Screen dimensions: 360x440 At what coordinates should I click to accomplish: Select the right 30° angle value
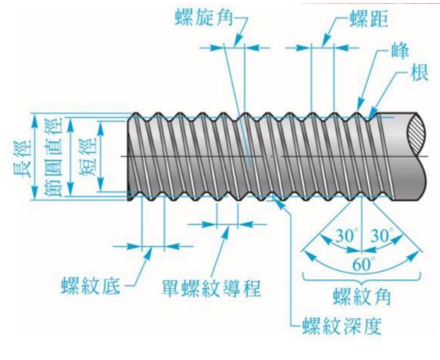381,237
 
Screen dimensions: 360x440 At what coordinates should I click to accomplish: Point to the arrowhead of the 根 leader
376,114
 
